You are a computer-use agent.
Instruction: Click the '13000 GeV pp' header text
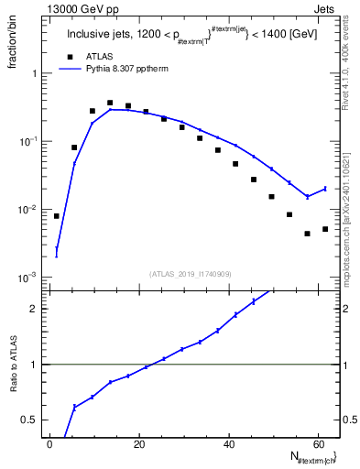click(x=80, y=8)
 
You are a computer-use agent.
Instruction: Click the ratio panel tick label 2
click(x=33, y=309)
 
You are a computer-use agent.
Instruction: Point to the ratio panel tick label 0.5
click(x=29, y=420)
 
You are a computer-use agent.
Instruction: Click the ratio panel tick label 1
click(x=33, y=365)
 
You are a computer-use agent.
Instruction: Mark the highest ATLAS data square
click(x=110, y=104)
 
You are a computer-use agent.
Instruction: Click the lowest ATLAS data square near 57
click(x=307, y=234)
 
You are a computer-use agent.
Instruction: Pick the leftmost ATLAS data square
click(x=57, y=216)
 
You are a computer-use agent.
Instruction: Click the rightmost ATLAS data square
click(x=325, y=229)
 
